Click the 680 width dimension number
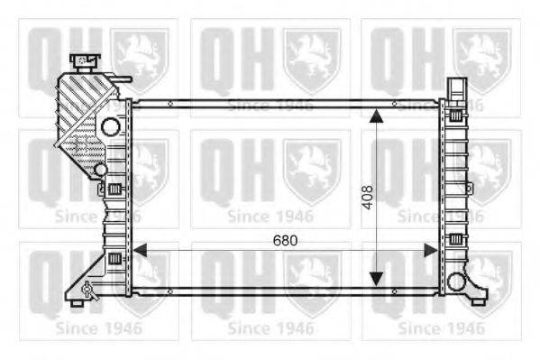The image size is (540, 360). pos(285,240)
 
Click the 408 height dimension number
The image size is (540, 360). pos(368,198)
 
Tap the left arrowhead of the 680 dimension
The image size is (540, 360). pos(140,250)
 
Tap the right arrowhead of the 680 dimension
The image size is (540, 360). pos(431,250)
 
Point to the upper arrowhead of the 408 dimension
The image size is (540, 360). pos(376,116)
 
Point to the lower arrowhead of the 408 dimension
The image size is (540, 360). pos(376,279)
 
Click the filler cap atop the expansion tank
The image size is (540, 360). pos(85,62)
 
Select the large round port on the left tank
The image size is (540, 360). pos(111,126)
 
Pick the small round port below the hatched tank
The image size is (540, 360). pos(101,170)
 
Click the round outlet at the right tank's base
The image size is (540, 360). pos(456,282)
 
